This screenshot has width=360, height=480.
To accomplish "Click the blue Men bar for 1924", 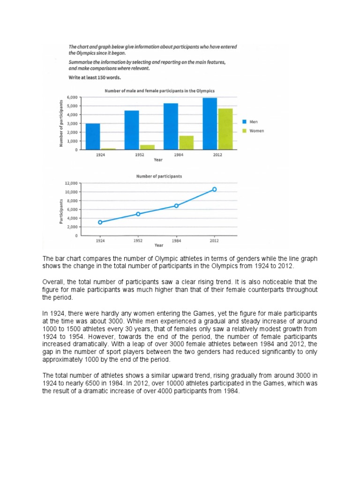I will tap(93, 136).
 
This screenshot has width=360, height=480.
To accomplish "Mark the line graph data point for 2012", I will tap(214, 189).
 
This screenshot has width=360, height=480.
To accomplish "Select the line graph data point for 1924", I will tap(100, 222).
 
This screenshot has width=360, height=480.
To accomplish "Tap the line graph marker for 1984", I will tap(176, 206).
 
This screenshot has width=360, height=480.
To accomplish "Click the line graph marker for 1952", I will tap(138, 214).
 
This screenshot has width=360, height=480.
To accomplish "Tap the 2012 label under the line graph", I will tap(214, 240).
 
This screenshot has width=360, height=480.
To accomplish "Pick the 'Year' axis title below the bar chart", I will tap(158, 159).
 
